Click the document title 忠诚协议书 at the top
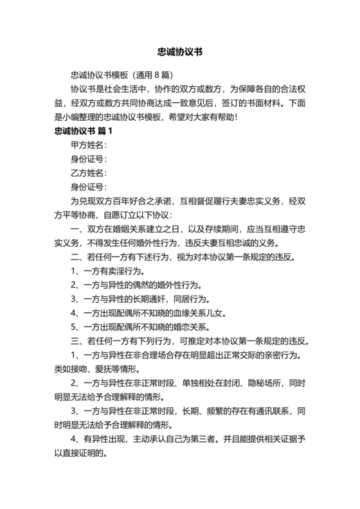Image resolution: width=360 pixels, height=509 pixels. (180, 51)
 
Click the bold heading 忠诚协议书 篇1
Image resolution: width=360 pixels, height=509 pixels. (84, 131)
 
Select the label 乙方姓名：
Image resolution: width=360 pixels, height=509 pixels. (89, 173)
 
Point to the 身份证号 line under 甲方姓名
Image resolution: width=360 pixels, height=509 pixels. (89, 159)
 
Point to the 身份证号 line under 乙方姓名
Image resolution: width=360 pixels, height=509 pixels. (89, 187)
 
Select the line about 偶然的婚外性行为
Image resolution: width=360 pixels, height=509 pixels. (137, 285)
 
